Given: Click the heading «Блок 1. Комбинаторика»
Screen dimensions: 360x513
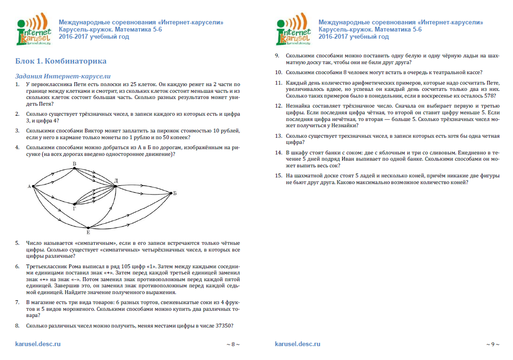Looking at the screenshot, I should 61,61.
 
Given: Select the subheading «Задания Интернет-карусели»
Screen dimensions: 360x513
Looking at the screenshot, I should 63,76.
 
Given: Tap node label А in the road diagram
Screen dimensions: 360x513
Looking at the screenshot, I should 30,186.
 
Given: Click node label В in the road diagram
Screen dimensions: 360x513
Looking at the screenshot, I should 74,164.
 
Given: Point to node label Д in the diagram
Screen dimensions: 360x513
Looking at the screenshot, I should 116,180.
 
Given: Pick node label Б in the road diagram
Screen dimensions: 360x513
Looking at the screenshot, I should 175,193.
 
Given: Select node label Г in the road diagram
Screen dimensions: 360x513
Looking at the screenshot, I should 74,208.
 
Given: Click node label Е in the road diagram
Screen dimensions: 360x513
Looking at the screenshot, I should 88,232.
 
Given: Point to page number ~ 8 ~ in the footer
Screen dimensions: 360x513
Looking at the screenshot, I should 233,344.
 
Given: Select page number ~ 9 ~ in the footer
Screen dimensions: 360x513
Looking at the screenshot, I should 492,344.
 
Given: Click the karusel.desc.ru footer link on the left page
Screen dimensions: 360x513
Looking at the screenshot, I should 38,344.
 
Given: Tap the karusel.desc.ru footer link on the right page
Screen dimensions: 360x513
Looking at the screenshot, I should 298,344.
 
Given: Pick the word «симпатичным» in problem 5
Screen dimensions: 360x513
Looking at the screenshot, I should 105,243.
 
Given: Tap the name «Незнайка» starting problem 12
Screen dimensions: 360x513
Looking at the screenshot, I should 299,105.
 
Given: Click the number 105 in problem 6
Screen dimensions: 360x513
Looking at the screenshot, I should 133,266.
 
